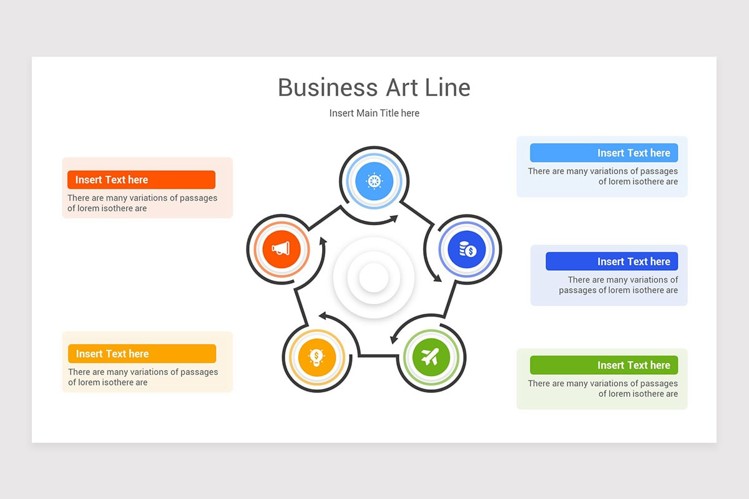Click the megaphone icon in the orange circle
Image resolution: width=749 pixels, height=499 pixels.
pyautogui.click(x=281, y=249)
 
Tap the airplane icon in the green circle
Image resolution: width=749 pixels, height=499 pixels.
pyautogui.click(x=430, y=357)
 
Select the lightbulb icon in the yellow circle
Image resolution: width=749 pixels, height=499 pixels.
pyautogui.click(x=316, y=357)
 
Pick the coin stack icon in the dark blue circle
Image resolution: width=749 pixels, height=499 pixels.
pyautogui.click(x=467, y=249)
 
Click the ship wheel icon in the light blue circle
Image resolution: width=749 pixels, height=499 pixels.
pyautogui.click(x=374, y=182)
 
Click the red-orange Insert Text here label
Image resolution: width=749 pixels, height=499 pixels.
pyautogui.click(x=141, y=180)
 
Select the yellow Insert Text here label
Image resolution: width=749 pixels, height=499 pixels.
pyautogui.click(x=142, y=354)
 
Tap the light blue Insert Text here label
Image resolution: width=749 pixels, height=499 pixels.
pyautogui.click(x=604, y=153)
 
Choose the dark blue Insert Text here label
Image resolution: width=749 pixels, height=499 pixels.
pyautogui.click(x=611, y=261)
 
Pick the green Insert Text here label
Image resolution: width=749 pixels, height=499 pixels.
pyautogui.click(x=604, y=365)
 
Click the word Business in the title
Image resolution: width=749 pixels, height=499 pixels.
pyautogui.click(x=328, y=87)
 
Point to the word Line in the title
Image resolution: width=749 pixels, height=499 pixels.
pyautogui.click(x=447, y=87)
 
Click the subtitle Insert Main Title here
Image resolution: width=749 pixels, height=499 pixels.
pyautogui.click(x=374, y=113)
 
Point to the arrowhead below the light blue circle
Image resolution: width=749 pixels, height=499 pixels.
pyautogui.click(x=393, y=218)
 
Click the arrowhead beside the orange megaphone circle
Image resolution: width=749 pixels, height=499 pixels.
pyautogui.click(x=323, y=240)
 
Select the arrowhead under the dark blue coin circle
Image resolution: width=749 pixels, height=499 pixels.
pyautogui.click(x=437, y=278)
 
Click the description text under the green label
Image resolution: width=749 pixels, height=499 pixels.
pyautogui.click(x=602, y=389)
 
